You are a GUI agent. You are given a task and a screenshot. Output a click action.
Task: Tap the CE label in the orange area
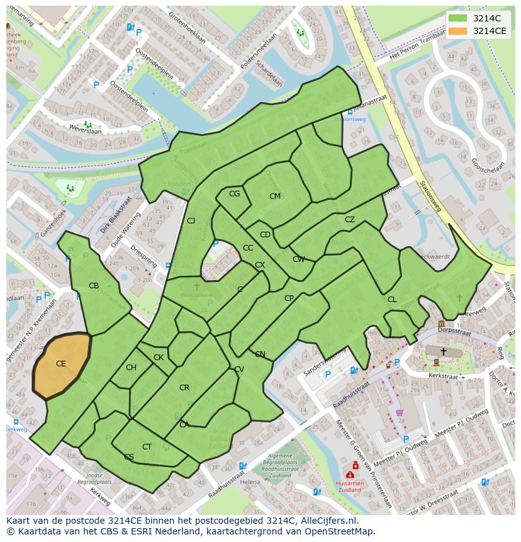click(x=61, y=364)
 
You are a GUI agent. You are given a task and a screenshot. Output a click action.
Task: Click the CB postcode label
click(x=94, y=286)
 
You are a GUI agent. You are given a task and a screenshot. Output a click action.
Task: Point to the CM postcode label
click(x=275, y=196)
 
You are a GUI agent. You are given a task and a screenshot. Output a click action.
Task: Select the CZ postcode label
click(x=350, y=220)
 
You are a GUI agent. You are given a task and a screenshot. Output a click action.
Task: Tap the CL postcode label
click(x=392, y=300)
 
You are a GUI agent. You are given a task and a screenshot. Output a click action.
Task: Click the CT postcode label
click(x=147, y=447)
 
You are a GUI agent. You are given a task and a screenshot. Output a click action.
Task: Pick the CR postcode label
click(x=184, y=388)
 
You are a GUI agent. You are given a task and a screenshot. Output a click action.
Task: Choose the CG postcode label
click(x=234, y=194)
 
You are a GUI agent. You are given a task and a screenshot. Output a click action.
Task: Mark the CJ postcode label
click(x=191, y=221)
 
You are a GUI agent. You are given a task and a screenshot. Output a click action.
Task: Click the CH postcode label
click(x=131, y=368)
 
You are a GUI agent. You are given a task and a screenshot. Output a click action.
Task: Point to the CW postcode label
click(x=298, y=259)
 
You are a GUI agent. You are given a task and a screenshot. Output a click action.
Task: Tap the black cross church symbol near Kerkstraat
click(x=443, y=351)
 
